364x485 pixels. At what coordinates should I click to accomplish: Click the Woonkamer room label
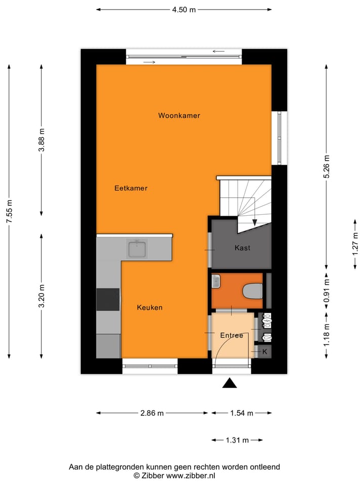tap(179, 116)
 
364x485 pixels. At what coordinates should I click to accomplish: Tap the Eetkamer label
tap(131, 188)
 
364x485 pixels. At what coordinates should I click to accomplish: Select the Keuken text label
tap(150, 307)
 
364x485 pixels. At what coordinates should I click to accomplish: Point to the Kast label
tap(242, 248)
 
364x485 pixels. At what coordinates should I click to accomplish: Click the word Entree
tap(232, 335)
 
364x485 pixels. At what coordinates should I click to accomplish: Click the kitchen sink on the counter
tap(137, 249)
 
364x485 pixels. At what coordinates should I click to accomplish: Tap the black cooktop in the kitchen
tap(108, 299)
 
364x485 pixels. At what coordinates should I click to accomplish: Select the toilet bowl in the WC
tap(252, 291)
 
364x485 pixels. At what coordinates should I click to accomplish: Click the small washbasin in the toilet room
tap(216, 281)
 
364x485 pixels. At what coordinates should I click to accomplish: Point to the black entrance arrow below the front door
tap(230, 383)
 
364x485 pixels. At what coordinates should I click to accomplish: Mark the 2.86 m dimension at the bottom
tap(152, 413)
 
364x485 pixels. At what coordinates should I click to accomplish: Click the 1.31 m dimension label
tap(237, 440)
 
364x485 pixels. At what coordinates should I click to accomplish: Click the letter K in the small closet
tap(264, 352)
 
